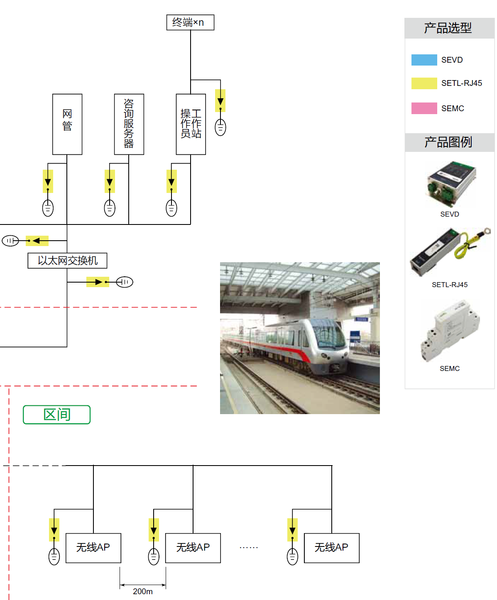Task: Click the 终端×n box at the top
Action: point(190,22)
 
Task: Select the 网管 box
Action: point(67,124)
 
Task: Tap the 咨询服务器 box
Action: point(129,124)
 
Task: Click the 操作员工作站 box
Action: point(191,124)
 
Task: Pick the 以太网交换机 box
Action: point(67,261)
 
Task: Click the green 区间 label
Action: point(56,415)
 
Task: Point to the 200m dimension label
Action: point(142,591)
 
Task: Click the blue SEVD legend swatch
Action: point(424,60)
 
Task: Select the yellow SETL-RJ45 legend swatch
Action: point(424,83)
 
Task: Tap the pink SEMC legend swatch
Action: point(424,108)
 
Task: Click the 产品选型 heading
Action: point(448,28)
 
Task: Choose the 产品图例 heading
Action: point(448,142)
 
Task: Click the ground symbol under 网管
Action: point(48,208)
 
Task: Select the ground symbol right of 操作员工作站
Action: point(220,127)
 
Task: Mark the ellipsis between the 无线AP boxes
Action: point(249,548)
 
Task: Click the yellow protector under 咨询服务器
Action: point(110,181)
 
